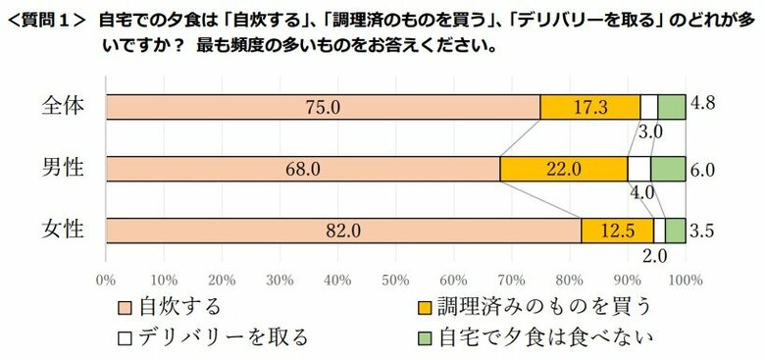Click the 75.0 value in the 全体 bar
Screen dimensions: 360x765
[323, 107]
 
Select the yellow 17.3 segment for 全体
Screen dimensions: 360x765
[590, 107]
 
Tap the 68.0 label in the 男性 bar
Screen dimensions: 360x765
[302, 169]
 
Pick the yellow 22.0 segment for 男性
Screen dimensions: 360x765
[564, 169]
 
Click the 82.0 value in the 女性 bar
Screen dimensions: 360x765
[343, 231]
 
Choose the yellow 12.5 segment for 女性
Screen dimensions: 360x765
[618, 231]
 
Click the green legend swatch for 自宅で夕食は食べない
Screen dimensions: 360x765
[425, 337]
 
